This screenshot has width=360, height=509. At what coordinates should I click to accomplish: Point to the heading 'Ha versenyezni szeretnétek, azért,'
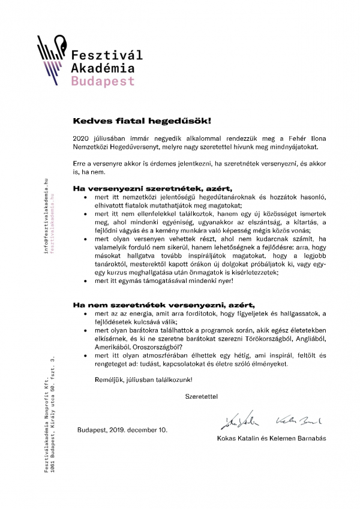click(x=152, y=188)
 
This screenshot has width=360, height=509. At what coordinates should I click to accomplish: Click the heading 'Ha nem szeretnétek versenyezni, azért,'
click(x=160, y=304)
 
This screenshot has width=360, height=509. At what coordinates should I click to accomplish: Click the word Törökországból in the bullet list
click(x=266, y=338)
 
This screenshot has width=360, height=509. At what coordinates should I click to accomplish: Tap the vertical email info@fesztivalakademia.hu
click(x=46, y=216)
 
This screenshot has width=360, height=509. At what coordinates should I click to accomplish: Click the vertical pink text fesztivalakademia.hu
click(x=53, y=216)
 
